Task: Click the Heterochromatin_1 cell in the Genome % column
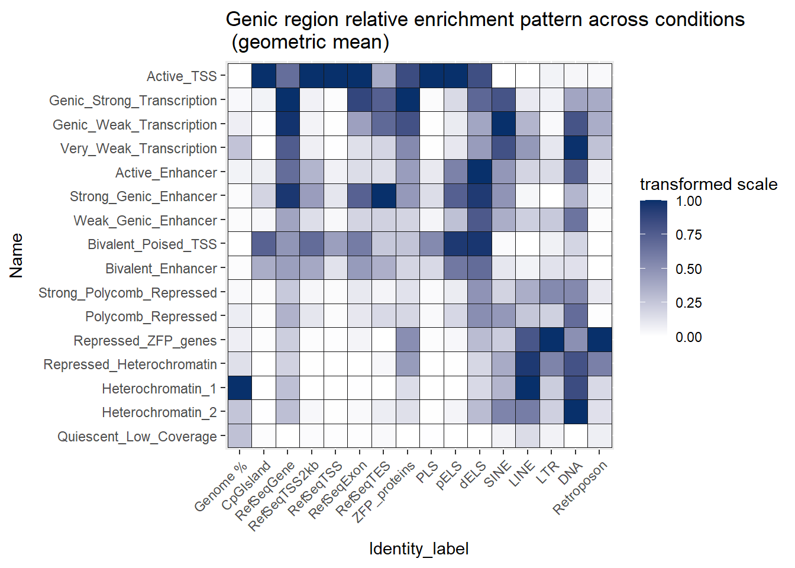click(x=240, y=389)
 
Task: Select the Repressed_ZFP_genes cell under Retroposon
click(x=600, y=341)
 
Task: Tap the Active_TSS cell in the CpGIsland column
click(x=264, y=76)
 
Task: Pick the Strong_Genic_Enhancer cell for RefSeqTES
click(x=384, y=196)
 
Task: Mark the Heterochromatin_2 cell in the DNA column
click(x=576, y=412)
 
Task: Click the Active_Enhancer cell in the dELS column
click(x=480, y=172)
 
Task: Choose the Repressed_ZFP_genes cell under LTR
click(x=552, y=341)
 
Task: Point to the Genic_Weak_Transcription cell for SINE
click(x=504, y=124)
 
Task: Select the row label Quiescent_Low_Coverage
click(x=137, y=437)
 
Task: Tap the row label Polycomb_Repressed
click(x=151, y=317)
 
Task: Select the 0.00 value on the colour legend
click(x=689, y=337)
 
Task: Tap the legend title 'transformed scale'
click(x=708, y=185)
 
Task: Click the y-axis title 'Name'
click(x=17, y=256)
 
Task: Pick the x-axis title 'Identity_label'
click(x=419, y=548)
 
